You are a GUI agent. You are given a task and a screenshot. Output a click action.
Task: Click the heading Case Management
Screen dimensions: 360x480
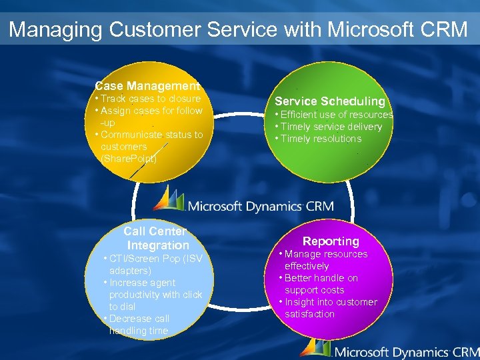(147, 86)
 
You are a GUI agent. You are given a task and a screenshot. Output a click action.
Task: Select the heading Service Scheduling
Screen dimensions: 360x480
(330, 101)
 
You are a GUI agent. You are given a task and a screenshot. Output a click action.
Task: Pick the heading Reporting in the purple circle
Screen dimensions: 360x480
(331, 241)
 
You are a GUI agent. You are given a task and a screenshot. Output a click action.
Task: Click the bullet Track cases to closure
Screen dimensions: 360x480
(148, 99)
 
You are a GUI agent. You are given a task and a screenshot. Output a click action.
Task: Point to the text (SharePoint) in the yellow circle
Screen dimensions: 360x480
(129, 159)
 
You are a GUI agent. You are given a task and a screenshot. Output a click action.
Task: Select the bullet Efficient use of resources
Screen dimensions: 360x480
(334, 115)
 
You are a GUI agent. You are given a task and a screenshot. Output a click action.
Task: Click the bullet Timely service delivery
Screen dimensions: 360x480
(329, 127)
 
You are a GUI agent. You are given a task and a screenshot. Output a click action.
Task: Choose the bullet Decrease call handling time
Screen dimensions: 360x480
(139, 325)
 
